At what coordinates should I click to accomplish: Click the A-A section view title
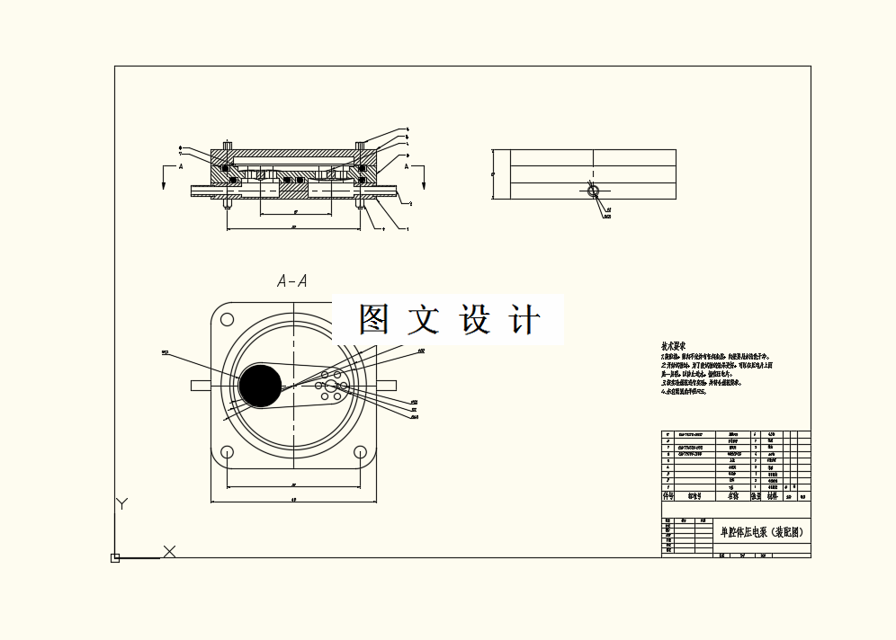click(292, 281)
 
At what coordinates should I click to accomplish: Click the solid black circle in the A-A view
click(261, 385)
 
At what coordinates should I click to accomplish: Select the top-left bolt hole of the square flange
click(225, 319)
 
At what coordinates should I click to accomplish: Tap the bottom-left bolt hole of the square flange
click(225, 452)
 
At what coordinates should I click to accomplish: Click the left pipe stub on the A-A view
click(200, 385)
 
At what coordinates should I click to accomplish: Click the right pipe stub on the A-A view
click(387, 385)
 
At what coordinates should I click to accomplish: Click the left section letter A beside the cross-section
click(180, 167)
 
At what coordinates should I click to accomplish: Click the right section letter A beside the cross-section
click(407, 167)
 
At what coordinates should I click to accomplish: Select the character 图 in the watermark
click(374, 320)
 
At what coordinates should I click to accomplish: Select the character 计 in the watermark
click(524, 320)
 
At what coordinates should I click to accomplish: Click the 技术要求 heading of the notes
click(674, 346)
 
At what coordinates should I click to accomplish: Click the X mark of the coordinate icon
click(169, 551)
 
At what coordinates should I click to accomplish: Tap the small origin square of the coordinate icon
click(115, 558)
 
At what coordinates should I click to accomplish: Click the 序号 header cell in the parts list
click(668, 495)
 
